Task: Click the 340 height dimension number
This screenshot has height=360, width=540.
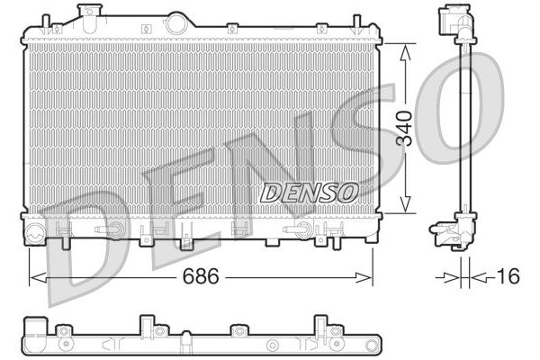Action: pos(406,128)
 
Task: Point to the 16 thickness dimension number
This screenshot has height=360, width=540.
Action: pos(508,276)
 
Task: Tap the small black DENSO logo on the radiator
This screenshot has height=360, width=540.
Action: pos(309,192)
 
